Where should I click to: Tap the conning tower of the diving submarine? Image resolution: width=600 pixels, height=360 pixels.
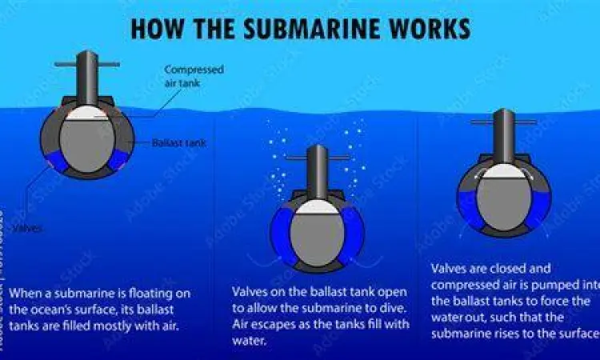318,171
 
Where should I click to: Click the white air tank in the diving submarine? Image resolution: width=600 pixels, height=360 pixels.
317,206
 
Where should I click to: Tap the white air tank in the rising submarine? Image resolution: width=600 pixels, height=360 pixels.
503,170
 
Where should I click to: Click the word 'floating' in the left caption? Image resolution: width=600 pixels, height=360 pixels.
166,294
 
